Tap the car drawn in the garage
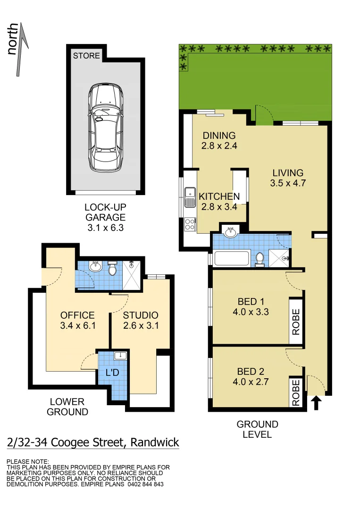(x=106, y=127)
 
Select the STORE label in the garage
(x=86, y=56)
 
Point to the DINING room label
(x=218, y=136)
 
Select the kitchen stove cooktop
(x=190, y=223)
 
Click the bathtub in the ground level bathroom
(x=231, y=259)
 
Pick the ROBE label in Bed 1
(x=296, y=321)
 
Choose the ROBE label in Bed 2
(x=296, y=393)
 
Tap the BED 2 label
(x=251, y=371)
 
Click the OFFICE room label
(x=77, y=315)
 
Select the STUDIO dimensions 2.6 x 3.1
(x=141, y=325)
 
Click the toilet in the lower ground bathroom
(x=112, y=269)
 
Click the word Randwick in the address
(x=155, y=442)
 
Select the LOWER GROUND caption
(x=69, y=407)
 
